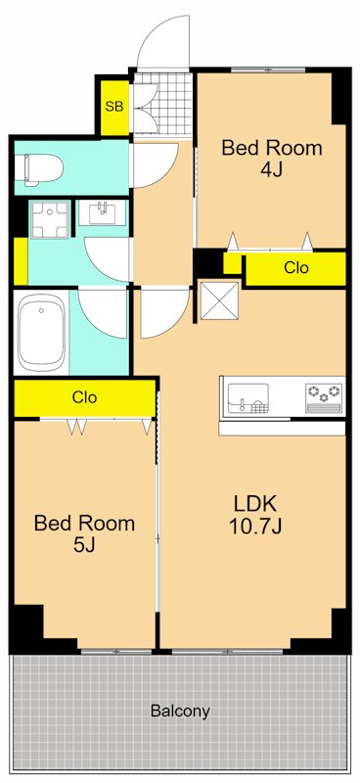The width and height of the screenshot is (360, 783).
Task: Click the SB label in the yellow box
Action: click(x=113, y=107)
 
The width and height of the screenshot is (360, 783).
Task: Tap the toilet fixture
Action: click(x=38, y=169)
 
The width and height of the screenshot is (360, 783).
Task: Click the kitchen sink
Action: click(x=248, y=398)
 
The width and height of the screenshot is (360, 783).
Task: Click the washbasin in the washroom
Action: click(x=103, y=213)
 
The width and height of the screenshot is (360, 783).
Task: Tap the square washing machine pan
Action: click(x=50, y=219)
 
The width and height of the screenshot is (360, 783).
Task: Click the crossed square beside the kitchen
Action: click(x=219, y=301)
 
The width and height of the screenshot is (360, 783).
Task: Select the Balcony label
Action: click(x=180, y=711)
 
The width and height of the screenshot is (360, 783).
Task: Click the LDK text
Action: click(x=255, y=503)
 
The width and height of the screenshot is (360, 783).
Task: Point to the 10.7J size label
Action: click(x=256, y=526)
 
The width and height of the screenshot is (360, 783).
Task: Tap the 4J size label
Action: click(x=272, y=170)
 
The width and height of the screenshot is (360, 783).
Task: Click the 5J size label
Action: click(x=84, y=546)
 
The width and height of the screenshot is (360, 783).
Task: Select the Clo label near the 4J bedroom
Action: click(x=296, y=267)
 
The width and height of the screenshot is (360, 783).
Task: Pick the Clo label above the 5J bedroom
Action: click(x=84, y=397)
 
